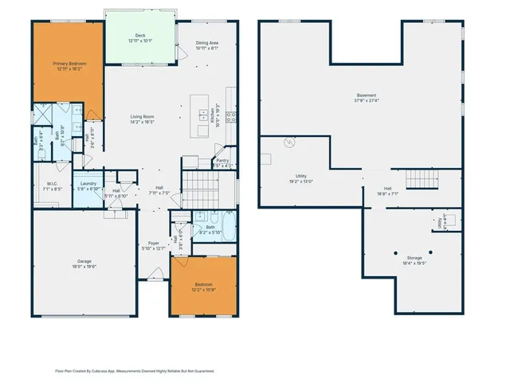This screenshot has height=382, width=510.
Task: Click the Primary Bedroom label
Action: coord(69,63)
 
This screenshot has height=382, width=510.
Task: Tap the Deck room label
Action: coord(139,36)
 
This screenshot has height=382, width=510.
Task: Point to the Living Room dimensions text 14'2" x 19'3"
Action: coord(142,123)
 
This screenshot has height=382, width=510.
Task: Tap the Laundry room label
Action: coord(88,184)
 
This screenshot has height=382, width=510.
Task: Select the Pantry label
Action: coord(222,161)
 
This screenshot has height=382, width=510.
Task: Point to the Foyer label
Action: coord(154,244)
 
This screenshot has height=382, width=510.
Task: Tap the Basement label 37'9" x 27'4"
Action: coord(366,95)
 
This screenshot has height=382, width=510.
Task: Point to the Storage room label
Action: coord(414,258)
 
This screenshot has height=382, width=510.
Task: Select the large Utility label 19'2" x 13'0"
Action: coord(301,176)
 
